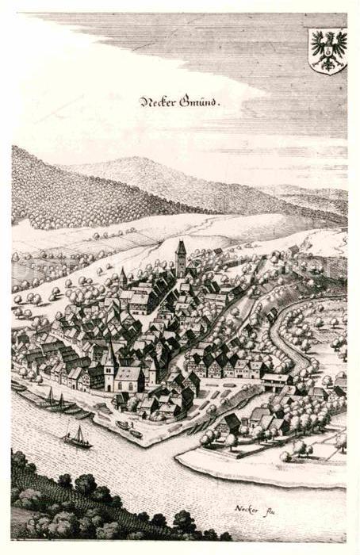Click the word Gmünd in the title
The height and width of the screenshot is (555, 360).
point(197,101)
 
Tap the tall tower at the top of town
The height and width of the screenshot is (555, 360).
point(181,258)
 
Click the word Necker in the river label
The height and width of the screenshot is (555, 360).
point(247,508)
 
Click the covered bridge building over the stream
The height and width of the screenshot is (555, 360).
point(277,381)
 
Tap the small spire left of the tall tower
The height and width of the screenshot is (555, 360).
point(124,276)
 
